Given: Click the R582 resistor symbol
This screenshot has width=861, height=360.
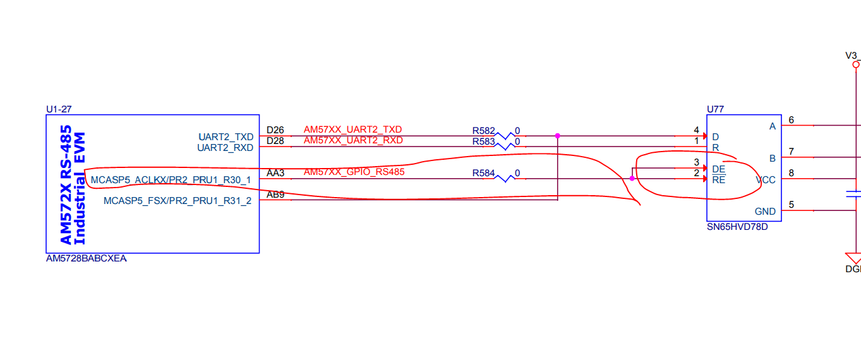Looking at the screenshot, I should pos(505,136).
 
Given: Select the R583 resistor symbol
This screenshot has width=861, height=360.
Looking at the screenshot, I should pos(505,147).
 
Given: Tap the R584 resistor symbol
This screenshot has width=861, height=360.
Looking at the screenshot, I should pos(505,179).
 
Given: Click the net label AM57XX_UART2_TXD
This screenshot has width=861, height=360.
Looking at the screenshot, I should pos(352,129).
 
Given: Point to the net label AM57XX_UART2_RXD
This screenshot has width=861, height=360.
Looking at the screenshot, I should pos(353,140).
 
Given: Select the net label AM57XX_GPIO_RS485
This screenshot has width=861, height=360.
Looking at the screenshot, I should pos(354,172).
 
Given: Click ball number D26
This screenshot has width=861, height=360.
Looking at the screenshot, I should pos(275,130).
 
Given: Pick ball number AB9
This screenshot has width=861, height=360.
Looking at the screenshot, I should pos(275,195).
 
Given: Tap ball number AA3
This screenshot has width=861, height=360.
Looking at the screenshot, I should pos(275,172).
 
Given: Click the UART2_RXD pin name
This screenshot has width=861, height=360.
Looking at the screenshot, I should pos(225,148).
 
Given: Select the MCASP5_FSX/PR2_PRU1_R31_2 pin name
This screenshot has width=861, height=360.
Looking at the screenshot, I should pos(177,201).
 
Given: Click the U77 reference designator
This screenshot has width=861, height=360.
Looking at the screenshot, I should pos(715,109).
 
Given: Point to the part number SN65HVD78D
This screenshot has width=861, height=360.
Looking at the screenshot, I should pos(737,226).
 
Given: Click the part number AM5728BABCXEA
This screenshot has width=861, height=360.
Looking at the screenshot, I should pos(87,258).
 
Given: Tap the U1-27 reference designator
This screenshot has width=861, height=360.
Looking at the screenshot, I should pos(59,109).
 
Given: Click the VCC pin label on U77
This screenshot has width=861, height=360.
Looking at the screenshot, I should pos(766,180).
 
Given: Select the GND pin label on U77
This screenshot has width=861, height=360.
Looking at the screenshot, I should pos(765,212).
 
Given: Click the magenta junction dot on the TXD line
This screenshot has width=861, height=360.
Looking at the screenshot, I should pos(557,136).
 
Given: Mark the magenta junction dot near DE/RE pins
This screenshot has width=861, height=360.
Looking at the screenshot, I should pos(632,179).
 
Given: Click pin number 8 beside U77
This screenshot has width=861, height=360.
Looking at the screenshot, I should pos(791,173).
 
